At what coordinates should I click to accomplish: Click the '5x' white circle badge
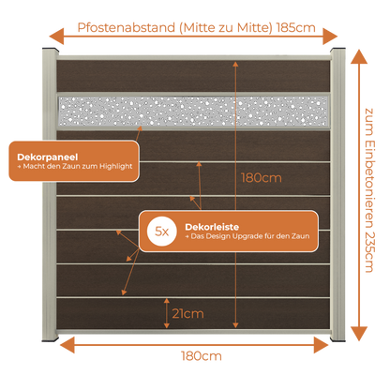161,232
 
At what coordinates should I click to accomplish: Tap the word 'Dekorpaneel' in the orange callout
48,157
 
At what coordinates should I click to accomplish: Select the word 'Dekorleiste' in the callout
212,227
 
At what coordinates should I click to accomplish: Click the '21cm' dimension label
187,313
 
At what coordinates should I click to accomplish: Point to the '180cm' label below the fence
202,356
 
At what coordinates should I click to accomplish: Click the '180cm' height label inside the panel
262,178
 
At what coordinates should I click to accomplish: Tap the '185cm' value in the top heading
296,27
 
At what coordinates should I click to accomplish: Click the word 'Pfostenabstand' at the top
127,27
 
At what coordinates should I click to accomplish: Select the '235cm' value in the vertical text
369,252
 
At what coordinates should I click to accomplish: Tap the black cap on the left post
50,50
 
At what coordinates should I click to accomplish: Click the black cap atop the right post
337,50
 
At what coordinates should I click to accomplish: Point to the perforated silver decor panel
193,112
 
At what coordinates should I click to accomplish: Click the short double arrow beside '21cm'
167,313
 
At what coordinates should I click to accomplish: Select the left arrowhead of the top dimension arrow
56,37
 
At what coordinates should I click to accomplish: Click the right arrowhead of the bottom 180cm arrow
321,345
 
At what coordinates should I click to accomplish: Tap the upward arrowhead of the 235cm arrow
359,57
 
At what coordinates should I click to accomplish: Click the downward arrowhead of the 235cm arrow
359,334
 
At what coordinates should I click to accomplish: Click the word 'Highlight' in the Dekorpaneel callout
116,167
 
